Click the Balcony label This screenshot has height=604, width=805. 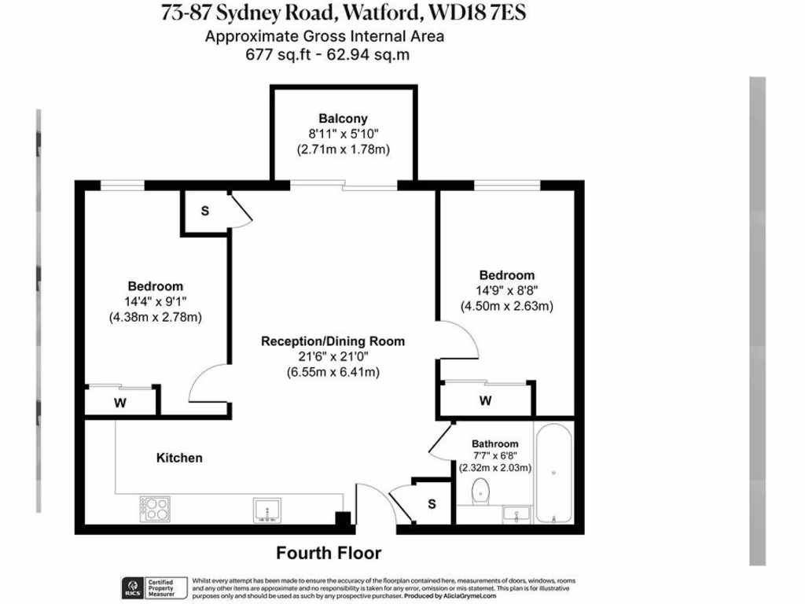[343, 119]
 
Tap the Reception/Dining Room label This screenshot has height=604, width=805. [333, 341]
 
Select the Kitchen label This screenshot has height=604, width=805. [179, 458]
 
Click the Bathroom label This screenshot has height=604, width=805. [494, 444]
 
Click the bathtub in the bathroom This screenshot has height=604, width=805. [554, 472]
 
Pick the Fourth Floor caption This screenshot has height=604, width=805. [328, 553]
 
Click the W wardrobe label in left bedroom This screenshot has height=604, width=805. [121, 403]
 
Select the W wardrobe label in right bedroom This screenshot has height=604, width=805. [485, 400]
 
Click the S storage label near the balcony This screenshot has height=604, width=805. [204, 212]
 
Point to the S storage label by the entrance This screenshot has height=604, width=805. [431, 504]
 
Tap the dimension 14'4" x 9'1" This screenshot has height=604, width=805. [156, 301]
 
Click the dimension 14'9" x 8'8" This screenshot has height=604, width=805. [507, 290]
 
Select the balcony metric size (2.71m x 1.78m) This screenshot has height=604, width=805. [343, 149]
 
